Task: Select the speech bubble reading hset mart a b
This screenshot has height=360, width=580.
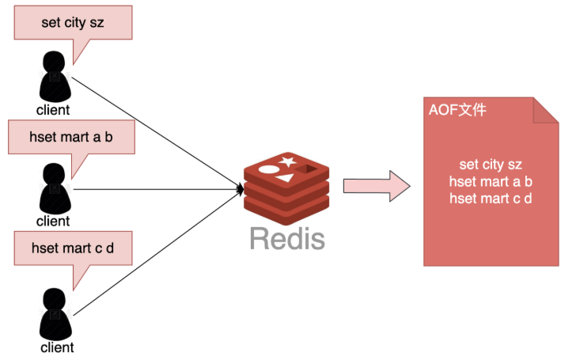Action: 70,137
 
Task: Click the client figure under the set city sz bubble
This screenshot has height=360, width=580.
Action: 53,76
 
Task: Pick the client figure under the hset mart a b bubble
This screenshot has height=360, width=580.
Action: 53,188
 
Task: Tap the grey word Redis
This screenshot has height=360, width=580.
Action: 287,237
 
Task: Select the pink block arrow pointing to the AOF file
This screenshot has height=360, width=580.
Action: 376,187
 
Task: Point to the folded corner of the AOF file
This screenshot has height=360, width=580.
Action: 546,110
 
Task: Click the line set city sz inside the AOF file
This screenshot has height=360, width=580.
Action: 491,165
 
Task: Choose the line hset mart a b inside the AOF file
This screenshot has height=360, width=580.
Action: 491,181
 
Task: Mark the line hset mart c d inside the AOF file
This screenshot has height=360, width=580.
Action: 491,198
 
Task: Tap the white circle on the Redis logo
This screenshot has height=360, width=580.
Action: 270,169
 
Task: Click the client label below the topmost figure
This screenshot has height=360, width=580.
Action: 53,110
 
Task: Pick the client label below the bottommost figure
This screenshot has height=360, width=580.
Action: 57,347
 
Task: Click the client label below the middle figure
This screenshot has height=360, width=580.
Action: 53,221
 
